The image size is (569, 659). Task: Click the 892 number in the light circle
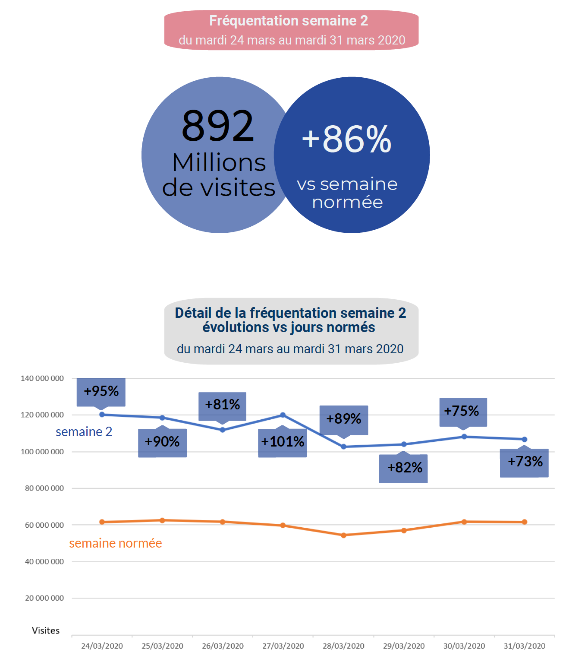218,126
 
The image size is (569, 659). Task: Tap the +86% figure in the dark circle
347,139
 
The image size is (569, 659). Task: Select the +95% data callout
101,391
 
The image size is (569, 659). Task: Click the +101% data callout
283,442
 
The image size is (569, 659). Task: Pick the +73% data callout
525,462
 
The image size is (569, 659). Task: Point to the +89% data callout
344,419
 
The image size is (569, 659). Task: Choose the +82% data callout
404,468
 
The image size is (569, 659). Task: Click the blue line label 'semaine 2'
84,432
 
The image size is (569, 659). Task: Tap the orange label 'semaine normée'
116,543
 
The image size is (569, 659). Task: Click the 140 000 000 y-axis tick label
42,378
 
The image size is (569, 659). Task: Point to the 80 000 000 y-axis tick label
44,488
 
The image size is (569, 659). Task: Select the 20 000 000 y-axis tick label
44,598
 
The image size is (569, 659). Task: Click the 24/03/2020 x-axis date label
102,646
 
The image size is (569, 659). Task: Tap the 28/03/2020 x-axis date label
343,646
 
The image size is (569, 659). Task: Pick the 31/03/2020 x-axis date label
525,646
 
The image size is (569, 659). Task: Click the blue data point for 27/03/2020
283,415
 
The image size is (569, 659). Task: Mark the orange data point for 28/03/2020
344,535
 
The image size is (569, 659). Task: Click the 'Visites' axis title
46,630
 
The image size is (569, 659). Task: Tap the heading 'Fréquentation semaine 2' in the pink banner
289,21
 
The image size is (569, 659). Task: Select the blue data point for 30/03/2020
464,437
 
